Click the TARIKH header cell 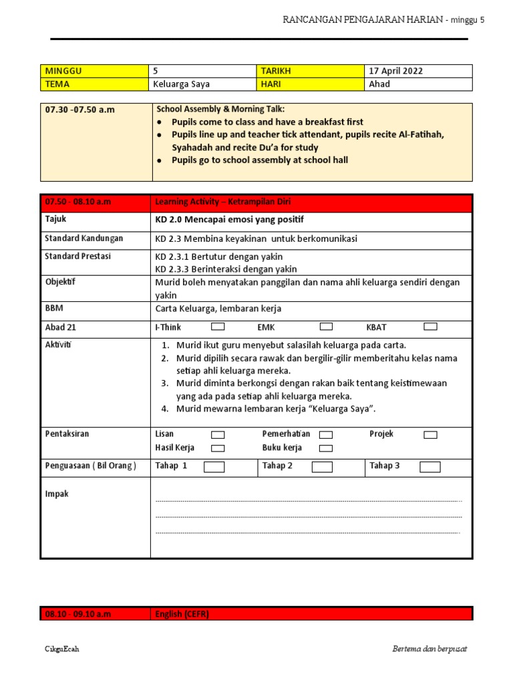277,71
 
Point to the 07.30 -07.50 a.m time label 79,110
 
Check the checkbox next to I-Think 218,327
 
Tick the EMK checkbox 326,327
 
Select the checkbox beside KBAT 430,327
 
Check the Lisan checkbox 218,435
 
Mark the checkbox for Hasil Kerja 218,448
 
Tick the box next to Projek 430,435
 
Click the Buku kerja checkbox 326,448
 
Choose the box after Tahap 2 322,467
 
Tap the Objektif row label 60,282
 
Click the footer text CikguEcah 61,649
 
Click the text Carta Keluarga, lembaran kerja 218,309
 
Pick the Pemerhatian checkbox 326,435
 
